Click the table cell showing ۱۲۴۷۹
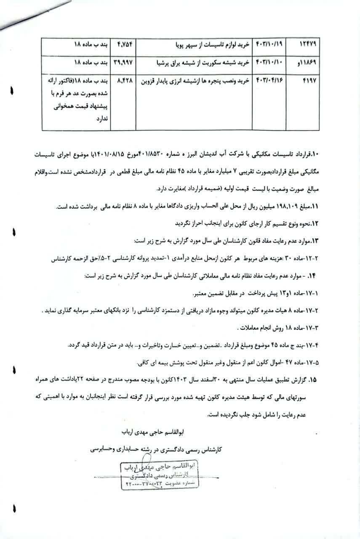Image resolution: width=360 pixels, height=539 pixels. (309, 43)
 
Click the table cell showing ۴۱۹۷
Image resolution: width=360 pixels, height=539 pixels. (310, 79)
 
